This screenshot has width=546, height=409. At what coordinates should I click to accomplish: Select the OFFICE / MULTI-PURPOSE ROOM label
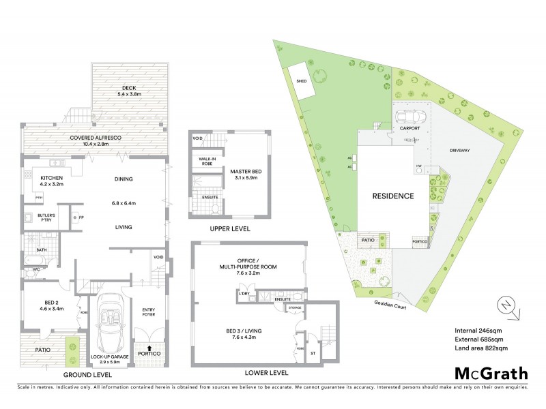pyautogui.click(x=248, y=265)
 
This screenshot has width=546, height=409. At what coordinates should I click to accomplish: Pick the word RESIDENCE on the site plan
pyautogui.click(x=392, y=196)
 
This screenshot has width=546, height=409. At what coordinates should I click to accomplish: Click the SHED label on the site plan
pyautogui.click(x=301, y=80)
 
